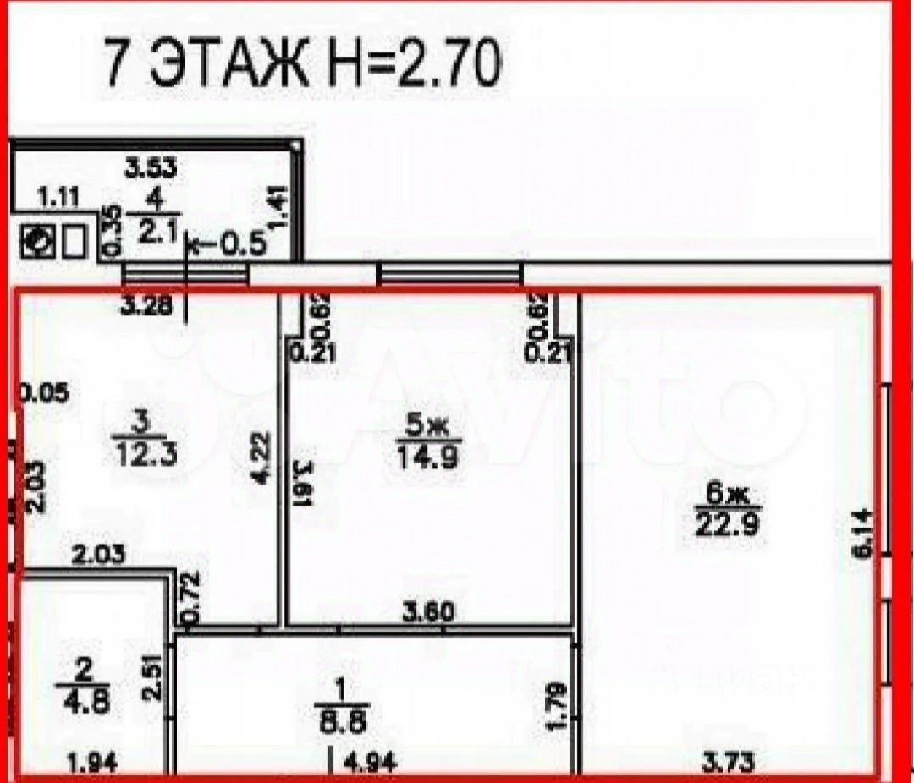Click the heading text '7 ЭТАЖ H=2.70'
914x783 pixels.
pyautogui.click(x=300, y=63)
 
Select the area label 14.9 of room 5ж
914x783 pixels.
pyautogui.click(x=429, y=458)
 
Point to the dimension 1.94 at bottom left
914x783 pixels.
pyautogui.click(x=91, y=764)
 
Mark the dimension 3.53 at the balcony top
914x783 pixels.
pyautogui.click(x=151, y=167)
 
